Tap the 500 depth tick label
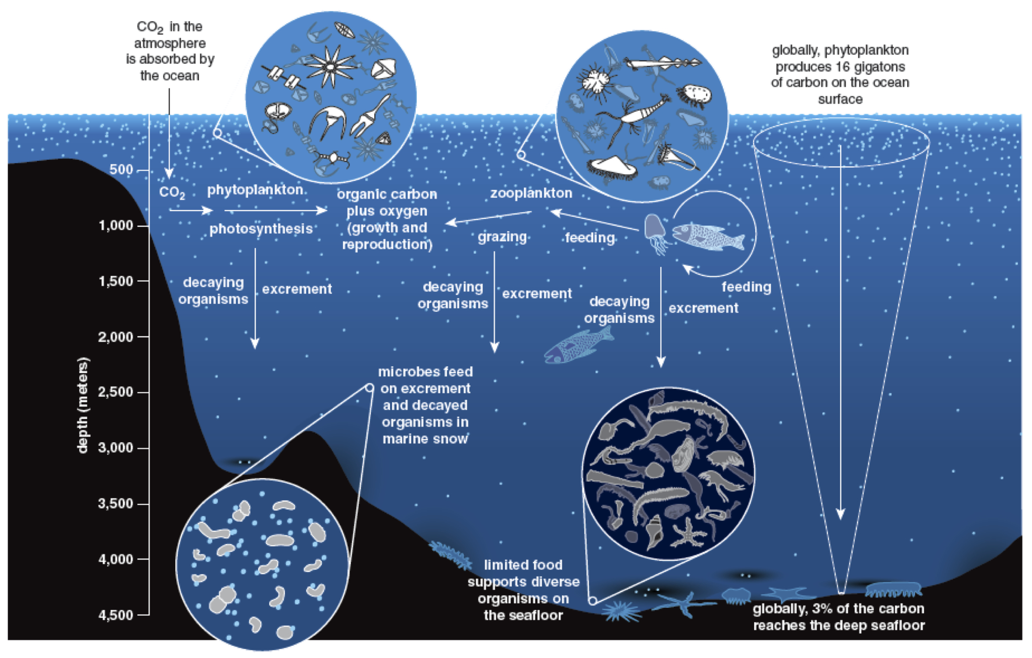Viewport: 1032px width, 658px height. pyautogui.click(x=121, y=169)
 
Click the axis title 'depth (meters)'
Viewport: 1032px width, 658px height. pyautogui.click(x=82, y=405)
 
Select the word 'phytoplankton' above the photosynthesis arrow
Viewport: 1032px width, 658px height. pyautogui.click(x=255, y=190)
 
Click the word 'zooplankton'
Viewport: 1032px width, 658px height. pyautogui.click(x=531, y=193)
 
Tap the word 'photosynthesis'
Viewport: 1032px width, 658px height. pyautogui.click(x=261, y=229)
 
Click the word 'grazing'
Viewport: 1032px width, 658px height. pyautogui.click(x=502, y=237)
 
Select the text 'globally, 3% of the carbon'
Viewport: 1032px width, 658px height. pyautogui.click(x=838, y=608)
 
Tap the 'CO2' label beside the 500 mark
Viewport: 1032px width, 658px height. pyautogui.click(x=172, y=192)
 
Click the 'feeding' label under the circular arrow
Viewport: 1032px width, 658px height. pyautogui.click(x=746, y=287)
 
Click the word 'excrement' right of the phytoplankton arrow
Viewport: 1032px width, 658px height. pyautogui.click(x=297, y=289)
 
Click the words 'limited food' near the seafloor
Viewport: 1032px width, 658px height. pyautogui.click(x=523, y=565)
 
